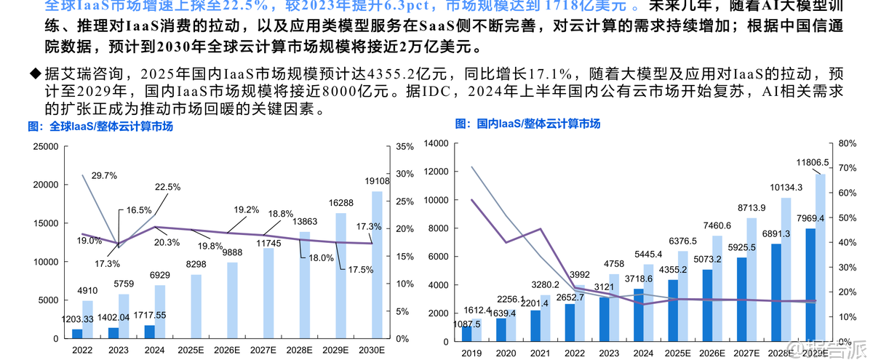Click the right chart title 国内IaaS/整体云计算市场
coord(528,124)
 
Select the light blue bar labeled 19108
coord(377,265)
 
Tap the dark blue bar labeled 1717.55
coord(149,332)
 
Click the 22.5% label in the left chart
coord(168,187)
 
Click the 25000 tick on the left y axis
coord(45,146)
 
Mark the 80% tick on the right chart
coord(846,143)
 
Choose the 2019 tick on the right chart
coord(471,353)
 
